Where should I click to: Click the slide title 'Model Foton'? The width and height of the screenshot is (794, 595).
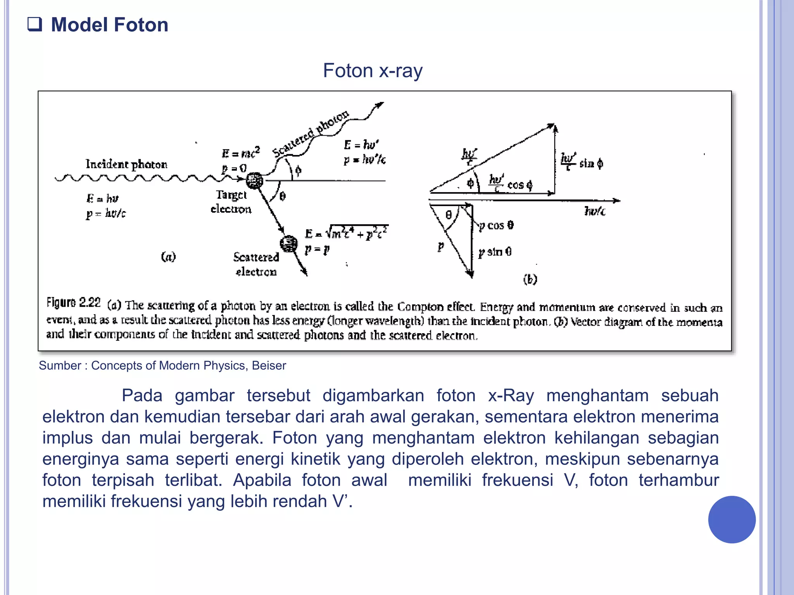(x=110, y=25)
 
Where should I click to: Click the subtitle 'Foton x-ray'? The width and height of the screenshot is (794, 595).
(x=373, y=71)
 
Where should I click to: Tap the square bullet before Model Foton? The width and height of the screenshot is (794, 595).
(x=35, y=24)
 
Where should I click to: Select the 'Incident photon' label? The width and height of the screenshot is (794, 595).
(x=126, y=164)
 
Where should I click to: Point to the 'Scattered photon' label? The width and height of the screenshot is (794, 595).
(x=311, y=133)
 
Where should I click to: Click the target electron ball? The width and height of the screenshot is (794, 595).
(x=254, y=181)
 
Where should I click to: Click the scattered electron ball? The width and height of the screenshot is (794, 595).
(x=289, y=244)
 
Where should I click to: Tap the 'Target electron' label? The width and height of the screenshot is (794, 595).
(x=231, y=201)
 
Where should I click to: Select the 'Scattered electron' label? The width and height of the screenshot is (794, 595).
(x=256, y=264)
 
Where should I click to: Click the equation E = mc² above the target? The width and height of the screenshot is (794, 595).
(x=241, y=153)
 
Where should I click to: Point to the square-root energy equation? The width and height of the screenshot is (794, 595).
(x=347, y=232)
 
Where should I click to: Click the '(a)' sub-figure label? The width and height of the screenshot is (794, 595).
(x=168, y=256)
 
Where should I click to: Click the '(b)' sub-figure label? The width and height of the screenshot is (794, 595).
(x=530, y=279)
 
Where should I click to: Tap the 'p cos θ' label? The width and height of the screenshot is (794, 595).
(x=496, y=225)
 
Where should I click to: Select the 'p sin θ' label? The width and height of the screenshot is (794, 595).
(x=495, y=252)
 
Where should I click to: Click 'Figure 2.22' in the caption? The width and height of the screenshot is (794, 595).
(x=74, y=302)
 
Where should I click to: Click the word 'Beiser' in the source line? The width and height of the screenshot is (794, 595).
(x=269, y=365)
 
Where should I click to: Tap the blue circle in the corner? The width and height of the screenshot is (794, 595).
(x=732, y=519)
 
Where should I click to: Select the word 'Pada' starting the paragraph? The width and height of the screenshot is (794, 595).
(x=142, y=396)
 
